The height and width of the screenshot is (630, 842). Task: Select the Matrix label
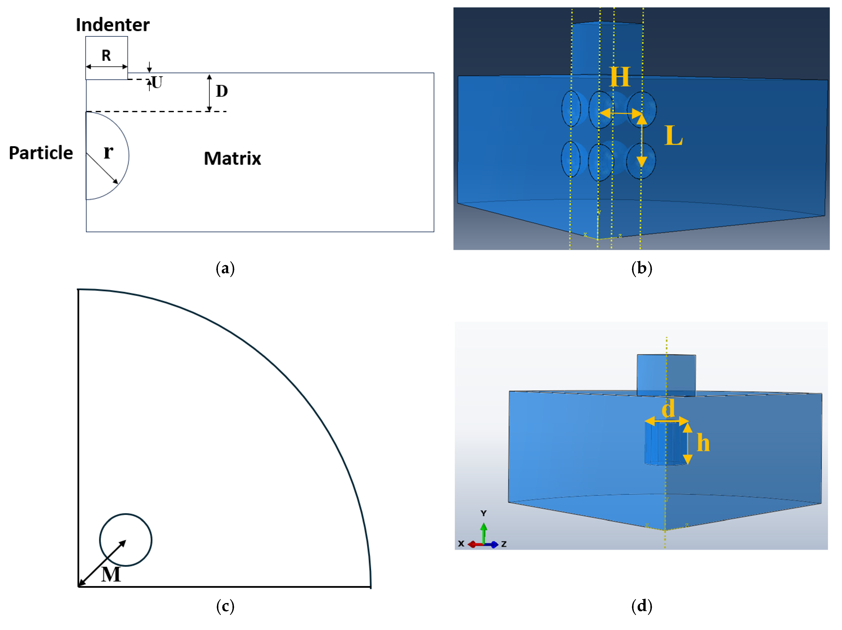coord(232,158)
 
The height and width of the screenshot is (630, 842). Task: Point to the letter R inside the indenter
coord(106,56)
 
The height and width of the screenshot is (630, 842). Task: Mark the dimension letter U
coord(157,82)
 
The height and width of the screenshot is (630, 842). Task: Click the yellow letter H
coord(620,77)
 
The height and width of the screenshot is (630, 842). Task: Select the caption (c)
coord(225,606)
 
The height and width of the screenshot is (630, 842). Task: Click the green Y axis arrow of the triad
coord(484,533)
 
